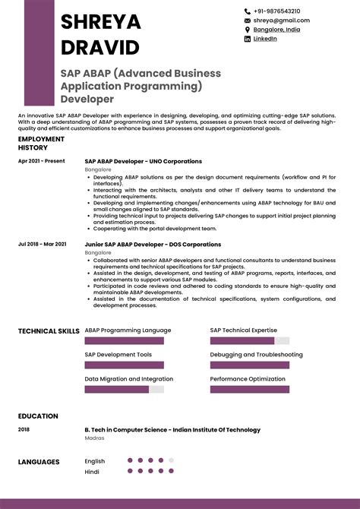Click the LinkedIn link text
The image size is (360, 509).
[x=265, y=39]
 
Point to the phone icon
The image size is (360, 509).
[x=247, y=11]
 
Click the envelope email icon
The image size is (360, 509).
[x=247, y=21]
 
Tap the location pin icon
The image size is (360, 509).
[x=247, y=30]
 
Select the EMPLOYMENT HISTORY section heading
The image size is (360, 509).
[x=41, y=144]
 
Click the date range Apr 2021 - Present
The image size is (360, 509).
[x=42, y=161]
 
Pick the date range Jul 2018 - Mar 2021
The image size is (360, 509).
[x=42, y=244]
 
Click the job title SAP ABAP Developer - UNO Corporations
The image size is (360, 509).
[x=143, y=161]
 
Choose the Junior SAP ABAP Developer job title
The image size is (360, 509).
[x=153, y=244]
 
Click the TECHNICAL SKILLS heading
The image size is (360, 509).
[x=48, y=331]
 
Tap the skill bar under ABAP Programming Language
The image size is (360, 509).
[x=124, y=341]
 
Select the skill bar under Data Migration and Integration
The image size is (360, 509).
[x=124, y=390]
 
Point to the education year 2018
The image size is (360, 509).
[x=24, y=430]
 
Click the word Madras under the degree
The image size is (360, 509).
[x=94, y=438]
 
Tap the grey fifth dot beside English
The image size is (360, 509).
[x=172, y=460]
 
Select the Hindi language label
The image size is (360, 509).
[x=92, y=471]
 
